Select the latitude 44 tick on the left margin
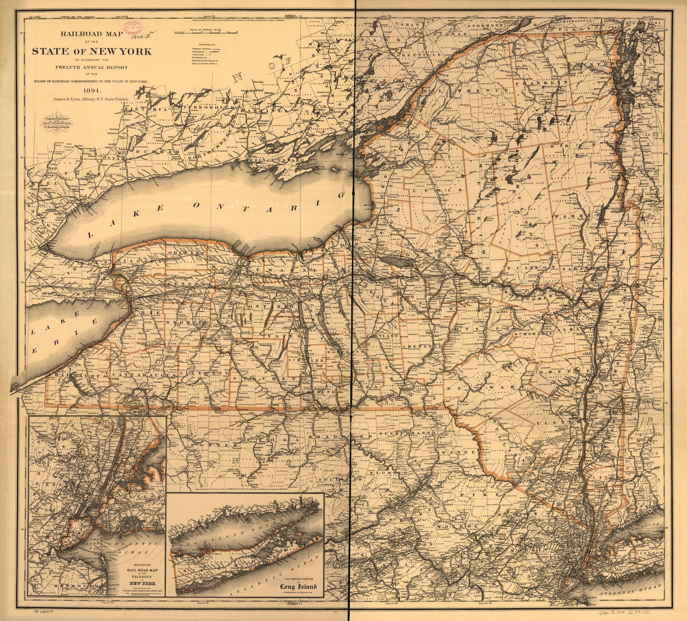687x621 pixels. pos(22,157)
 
